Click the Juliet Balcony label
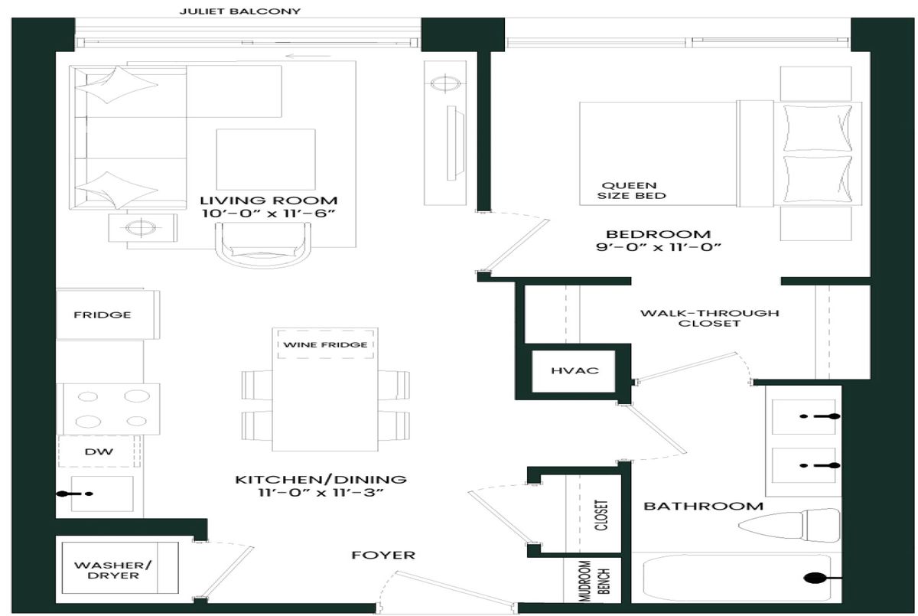(x=239, y=11)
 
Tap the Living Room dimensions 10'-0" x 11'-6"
(x=269, y=213)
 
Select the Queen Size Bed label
(x=631, y=191)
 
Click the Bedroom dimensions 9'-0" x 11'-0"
(x=658, y=247)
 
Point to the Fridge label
(x=103, y=315)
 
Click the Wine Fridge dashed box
(x=325, y=344)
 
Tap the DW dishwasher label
(x=99, y=451)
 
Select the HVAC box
(x=574, y=371)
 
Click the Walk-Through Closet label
(x=709, y=318)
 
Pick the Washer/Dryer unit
(x=120, y=568)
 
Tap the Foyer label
(x=383, y=555)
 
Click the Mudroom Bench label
(x=594, y=581)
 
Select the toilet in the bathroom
(x=789, y=526)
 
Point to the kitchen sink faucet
(x=75, y=494)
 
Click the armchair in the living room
(x=262, y=245)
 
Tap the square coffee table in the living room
(x=266, y=159)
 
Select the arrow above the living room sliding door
(x=308, y=56)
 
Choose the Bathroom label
(x=703, y=506)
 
